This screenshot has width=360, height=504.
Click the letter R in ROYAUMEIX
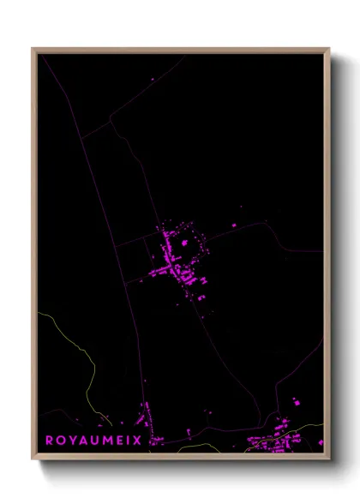click(50, 440)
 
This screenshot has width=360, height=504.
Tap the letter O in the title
click(63, 440)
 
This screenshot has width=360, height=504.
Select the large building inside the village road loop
click(184, 243)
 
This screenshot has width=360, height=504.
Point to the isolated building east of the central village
click(235, 225)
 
